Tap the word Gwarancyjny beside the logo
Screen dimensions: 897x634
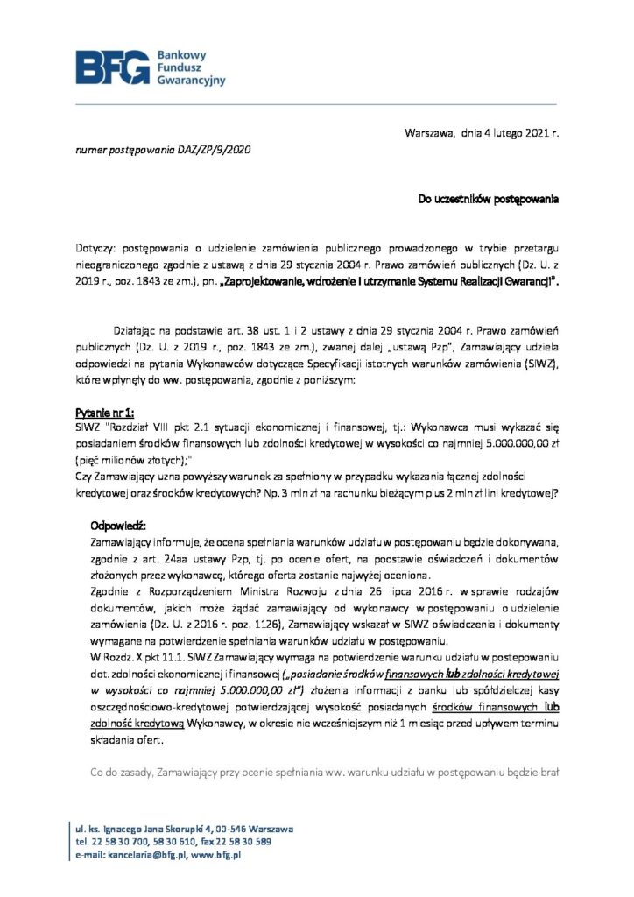click(191, 80)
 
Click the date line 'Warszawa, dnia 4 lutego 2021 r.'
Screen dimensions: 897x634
click(481, 133)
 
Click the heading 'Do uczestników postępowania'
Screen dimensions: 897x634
click(487, 200)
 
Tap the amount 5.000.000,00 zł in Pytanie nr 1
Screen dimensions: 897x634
click(507, 443)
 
